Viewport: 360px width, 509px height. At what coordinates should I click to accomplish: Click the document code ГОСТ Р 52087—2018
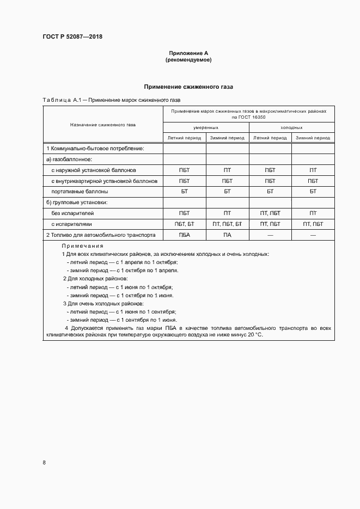72,36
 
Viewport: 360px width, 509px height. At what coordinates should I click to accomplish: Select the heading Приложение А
188,53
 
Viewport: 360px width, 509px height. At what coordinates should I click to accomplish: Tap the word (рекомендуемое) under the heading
188,60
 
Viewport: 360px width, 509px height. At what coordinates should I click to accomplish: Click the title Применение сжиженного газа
188,87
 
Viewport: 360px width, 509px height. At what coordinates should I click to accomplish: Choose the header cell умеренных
205,127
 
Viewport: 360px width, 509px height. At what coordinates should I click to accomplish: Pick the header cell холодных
291,127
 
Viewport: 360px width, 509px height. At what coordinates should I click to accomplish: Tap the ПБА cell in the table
184,235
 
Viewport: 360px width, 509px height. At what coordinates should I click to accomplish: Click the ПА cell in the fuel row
227,235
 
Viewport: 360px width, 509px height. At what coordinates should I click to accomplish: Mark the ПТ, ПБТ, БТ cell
227,224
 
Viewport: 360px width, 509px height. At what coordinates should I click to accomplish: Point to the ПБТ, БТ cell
184,224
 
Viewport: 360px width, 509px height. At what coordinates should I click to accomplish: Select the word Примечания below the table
82,246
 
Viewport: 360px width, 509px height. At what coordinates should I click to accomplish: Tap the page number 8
44,463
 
